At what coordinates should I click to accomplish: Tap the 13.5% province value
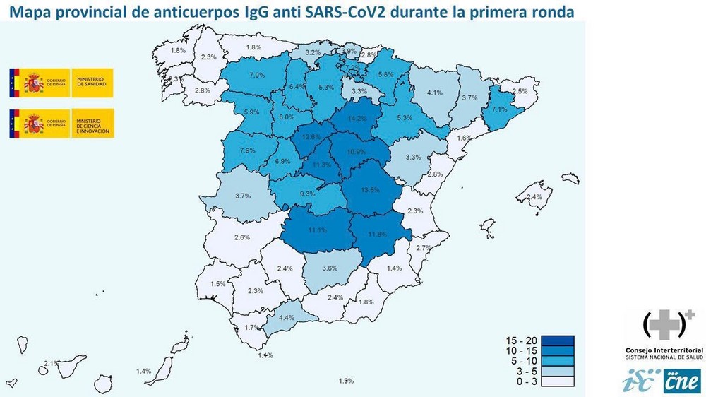click(370, 190)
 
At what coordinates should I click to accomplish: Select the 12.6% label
click(311, 137)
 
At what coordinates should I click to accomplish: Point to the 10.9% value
click(357, 152)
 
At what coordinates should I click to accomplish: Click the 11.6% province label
click(378, 234)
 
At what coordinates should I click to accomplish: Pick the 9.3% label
click(307, 194)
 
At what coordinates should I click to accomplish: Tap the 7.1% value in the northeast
click(499, 109)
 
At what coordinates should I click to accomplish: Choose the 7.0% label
click(258, 76)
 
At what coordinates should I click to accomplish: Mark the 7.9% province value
click(248, 151)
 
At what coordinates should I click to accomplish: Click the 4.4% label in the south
click(287, 318)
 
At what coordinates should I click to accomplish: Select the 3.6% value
click(329, 268)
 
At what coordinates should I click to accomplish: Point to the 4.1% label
click(434, 93)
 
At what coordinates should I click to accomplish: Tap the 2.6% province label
click(241, 237)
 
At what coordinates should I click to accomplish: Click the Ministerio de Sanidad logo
click(60, 83)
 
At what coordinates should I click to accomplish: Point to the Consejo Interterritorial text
click(664, 350)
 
